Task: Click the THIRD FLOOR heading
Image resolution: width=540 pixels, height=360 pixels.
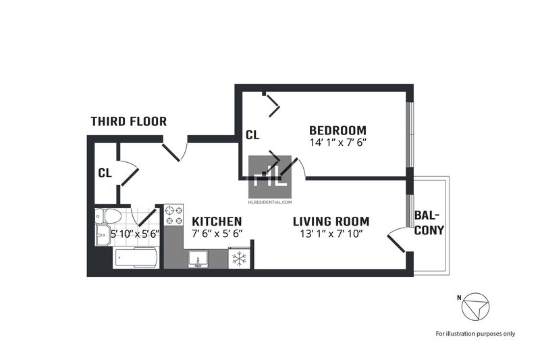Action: point(129,122)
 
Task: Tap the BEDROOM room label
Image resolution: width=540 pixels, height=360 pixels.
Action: point(337,130)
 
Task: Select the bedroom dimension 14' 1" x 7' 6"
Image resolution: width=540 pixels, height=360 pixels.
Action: point(337,143)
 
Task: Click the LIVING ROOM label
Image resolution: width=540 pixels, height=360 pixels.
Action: point(331,221)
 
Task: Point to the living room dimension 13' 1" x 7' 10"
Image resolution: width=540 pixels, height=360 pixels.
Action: point(331,234)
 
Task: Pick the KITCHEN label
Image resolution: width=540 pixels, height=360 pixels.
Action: point(217,221)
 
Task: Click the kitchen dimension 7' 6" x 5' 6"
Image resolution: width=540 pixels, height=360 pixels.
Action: point(217,233)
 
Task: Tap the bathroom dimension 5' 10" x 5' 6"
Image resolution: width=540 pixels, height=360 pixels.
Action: point(135,234)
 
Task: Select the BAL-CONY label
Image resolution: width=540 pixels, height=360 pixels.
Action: point(429,223)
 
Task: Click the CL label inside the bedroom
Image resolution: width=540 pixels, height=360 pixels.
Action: point(252,135)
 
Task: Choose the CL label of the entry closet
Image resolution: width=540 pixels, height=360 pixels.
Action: point(105,173)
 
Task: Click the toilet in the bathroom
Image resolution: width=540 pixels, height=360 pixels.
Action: point(108,216)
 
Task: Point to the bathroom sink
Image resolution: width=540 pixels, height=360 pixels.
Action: point(103,235)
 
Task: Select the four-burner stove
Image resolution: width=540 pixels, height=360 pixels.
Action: point(173,215)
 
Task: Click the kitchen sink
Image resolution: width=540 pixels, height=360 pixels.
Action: point(198,259)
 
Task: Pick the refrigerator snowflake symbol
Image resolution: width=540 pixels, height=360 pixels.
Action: point(239,259)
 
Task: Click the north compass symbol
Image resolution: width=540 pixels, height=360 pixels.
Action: point(475,307)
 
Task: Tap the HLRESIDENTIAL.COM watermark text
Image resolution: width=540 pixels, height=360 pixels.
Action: point(270,202)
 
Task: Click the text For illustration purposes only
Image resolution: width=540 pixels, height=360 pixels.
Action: point(476,334)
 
